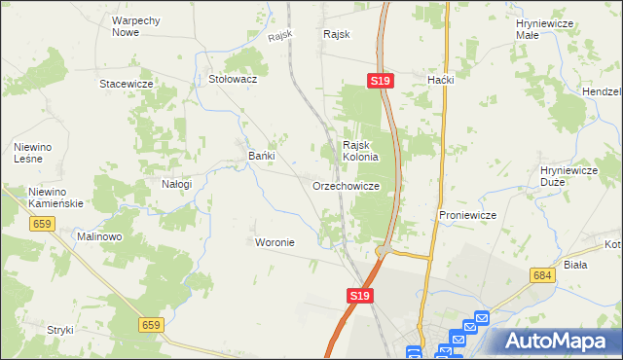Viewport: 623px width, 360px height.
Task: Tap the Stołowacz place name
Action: [x=233, y=80]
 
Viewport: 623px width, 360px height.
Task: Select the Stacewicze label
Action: [x=127, y=85]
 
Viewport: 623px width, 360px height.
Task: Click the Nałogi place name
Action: [x=176, y=184]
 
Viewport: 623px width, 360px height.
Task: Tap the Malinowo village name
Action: [x=99, y=237]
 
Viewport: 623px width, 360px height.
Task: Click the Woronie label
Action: [x=274, y=241]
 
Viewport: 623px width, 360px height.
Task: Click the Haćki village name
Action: [x=441, y=80]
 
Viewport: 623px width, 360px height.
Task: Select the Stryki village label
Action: [x=60, y=330]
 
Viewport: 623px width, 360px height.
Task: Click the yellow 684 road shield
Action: [x=543, y=276]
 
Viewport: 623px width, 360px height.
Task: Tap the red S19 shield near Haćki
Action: [x=381, y=83]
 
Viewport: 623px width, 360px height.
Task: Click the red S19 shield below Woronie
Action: [x=359, y=295]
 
